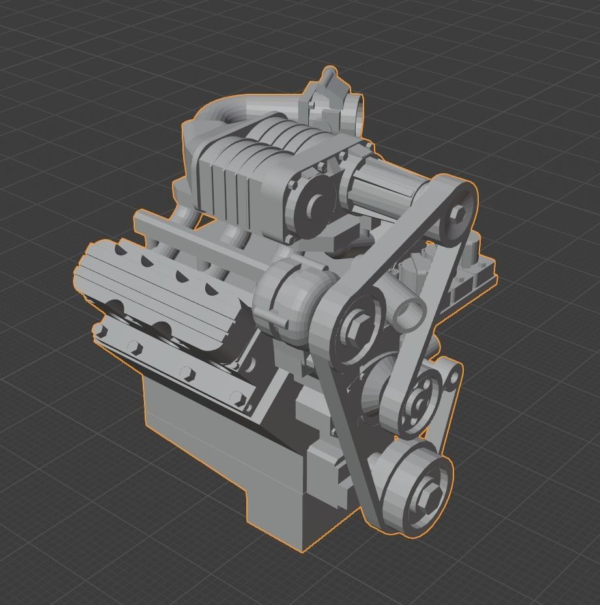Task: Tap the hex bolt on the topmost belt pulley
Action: (x=457, y=213)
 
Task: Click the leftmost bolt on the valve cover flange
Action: (x=101, y=331)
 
